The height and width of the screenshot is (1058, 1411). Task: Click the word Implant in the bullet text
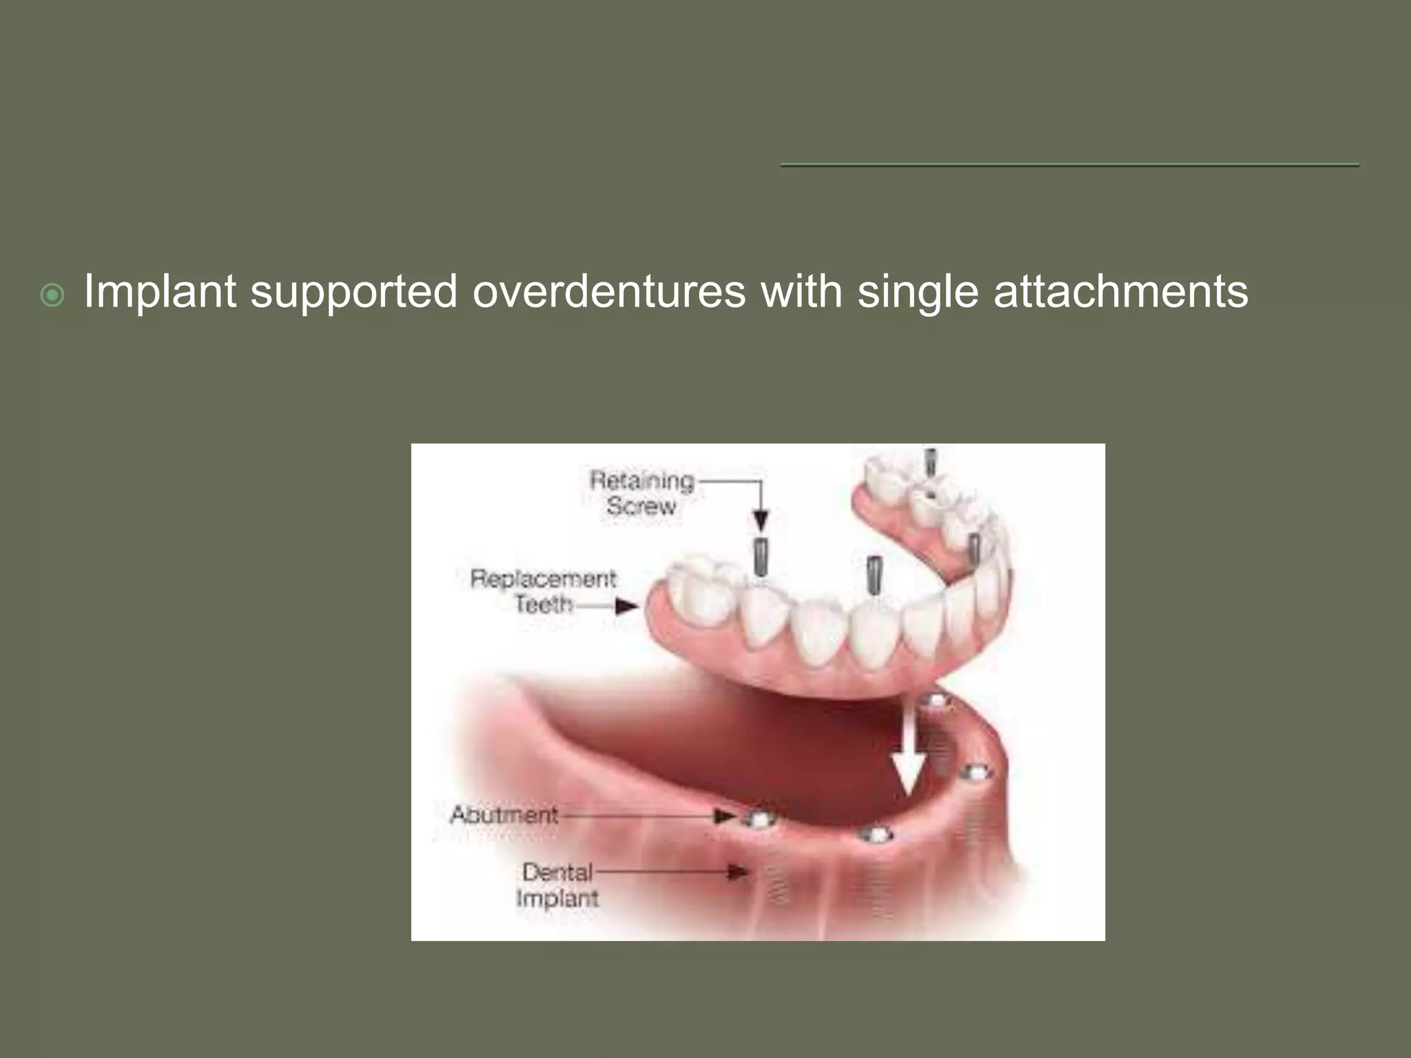[160, 292]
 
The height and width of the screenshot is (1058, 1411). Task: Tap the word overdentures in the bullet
[608, 292]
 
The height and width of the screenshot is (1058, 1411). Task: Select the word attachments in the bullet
[1120, 292]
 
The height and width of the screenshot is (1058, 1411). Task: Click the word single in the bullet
[917, 292]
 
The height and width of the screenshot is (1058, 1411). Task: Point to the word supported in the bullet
[353, 292]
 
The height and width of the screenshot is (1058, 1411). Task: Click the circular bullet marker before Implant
[52, 296]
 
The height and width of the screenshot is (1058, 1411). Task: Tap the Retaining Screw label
[641, 492]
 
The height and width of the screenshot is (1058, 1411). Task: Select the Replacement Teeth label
[544, 591]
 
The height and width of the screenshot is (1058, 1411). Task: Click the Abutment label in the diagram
[504, 815]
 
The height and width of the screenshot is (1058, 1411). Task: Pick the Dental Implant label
[557, 885]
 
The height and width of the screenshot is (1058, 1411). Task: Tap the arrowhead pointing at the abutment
[724, 817]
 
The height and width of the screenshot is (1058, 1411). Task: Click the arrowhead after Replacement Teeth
[626, 606]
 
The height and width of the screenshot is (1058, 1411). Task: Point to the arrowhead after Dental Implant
[737, 873]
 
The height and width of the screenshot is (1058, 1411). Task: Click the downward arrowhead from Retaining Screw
[761, 520]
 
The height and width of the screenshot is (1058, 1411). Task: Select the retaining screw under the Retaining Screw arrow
[761, 557]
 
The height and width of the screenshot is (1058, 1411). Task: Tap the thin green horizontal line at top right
[1069, 165]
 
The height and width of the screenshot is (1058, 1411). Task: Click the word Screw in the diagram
[641, 506]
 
